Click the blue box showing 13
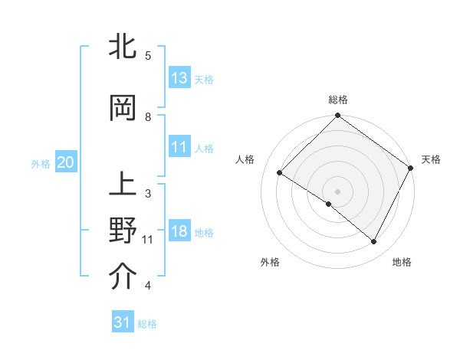(179, 78)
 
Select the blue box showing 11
(179, 147)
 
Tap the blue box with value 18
(179, 232)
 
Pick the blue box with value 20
(65, 162)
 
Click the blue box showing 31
(123, 322)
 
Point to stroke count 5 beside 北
(147, 56)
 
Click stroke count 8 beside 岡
(147, 117)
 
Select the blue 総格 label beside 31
(147, 324)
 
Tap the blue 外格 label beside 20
(41, 163)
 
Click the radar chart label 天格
(431, 159)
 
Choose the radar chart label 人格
(245, 159)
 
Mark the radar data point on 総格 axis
(337, 116)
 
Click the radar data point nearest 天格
(410, 168)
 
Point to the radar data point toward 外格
(329, 204)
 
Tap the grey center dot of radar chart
(337, 191)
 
